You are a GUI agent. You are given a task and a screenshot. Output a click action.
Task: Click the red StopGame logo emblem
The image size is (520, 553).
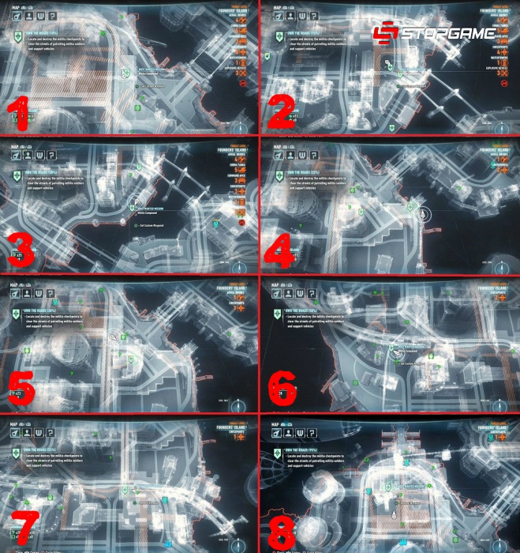[385, 33]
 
